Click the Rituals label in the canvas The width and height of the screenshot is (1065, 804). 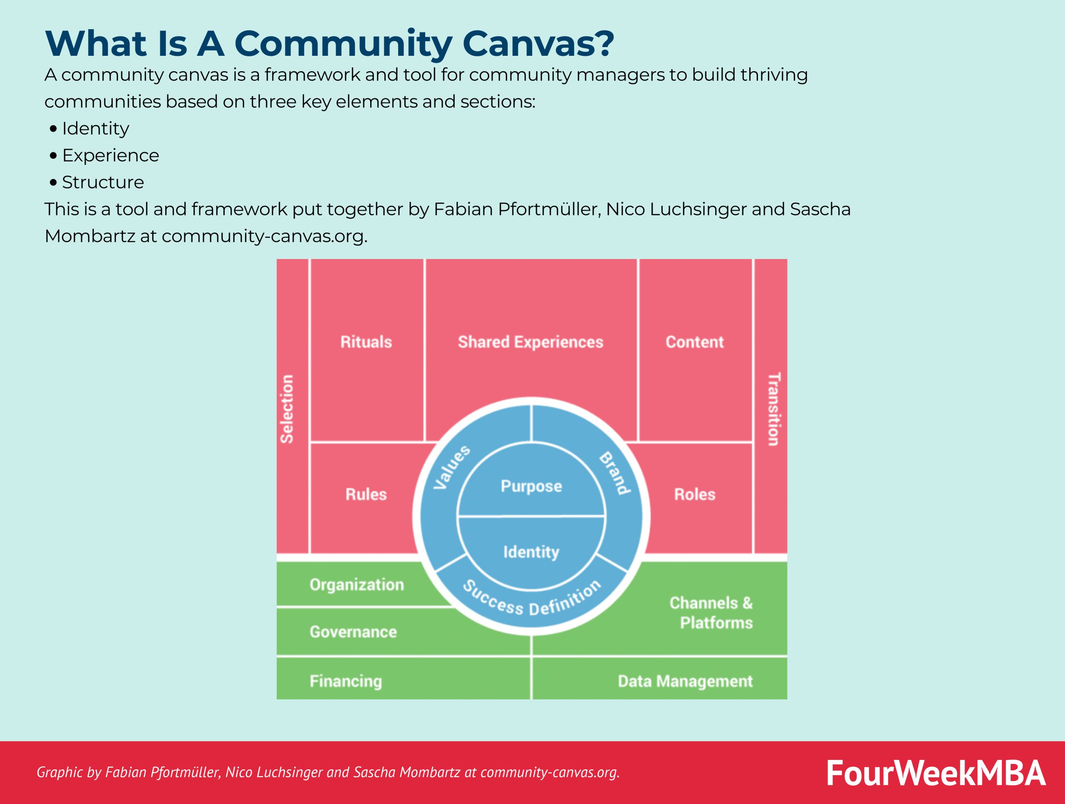tap(366, 342)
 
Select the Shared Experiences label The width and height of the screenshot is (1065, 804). tap(530, 342)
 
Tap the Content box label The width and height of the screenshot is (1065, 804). tap(694, 342)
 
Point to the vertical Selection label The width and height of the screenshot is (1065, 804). tap(287, 408)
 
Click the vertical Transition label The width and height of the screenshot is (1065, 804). tap(774, 408)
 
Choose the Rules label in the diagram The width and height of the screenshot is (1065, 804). tap(366, 494)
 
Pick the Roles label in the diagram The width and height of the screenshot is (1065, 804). tap(694, 494)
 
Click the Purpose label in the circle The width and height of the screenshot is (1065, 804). tap(531, 486)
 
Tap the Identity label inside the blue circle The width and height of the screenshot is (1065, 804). tap(531, 552)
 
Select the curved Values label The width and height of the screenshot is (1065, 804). tap(451, 467)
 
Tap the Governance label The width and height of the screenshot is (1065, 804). tap(353, 632)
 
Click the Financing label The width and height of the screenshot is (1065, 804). tap(346, 681)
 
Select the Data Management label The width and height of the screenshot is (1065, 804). tap(685, 681)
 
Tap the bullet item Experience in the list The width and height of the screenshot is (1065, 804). tap(110, 155)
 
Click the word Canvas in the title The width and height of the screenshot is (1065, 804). tap(538, 43)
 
